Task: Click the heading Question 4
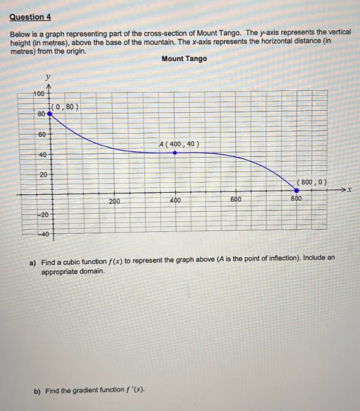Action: point(31,16)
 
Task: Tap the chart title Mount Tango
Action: point(184,59)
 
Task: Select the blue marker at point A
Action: point(175,152)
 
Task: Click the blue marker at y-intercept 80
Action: point(50,113)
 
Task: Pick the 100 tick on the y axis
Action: point(39,93)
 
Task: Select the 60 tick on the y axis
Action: point(42,134)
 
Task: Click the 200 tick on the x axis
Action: point(114,201)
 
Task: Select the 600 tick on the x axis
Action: point(236,200)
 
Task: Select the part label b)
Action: point(37,390)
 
